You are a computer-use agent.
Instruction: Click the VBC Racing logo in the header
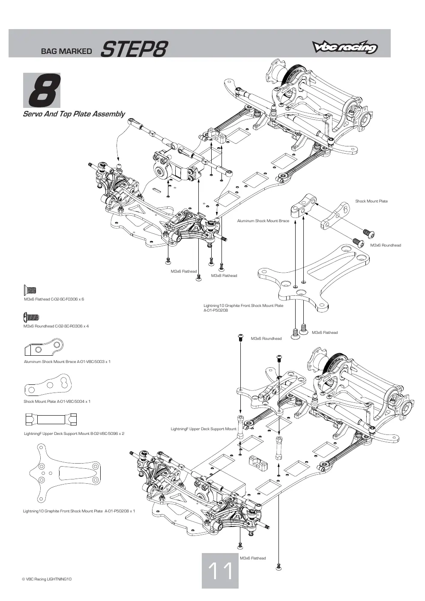(345, 47)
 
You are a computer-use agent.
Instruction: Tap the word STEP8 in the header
(134, 49)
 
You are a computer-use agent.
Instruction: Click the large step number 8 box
(42, 90)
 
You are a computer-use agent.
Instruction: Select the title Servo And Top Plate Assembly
(74, 114)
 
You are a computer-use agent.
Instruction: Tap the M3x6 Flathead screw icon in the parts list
(30, 290)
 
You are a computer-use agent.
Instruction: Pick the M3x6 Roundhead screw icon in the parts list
(31, 317)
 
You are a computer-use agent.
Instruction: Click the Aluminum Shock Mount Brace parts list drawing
(44, 347)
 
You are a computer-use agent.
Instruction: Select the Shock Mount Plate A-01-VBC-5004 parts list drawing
(48, 385)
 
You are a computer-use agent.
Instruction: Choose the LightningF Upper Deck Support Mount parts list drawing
(51, 419)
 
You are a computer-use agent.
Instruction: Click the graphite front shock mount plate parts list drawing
(64, 473)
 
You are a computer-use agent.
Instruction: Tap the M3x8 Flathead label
(224, 276)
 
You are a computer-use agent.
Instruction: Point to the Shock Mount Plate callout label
(371, 201)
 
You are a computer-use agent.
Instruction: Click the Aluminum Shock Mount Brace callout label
(263, 221)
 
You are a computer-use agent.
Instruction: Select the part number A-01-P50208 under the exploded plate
(215, 310)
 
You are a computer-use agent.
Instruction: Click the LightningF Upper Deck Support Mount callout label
(204, 429)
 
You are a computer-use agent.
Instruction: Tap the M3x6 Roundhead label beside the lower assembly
(266, 338)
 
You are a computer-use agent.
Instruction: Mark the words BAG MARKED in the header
(66, 51)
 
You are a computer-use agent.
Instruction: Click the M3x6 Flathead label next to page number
(253, 558)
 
